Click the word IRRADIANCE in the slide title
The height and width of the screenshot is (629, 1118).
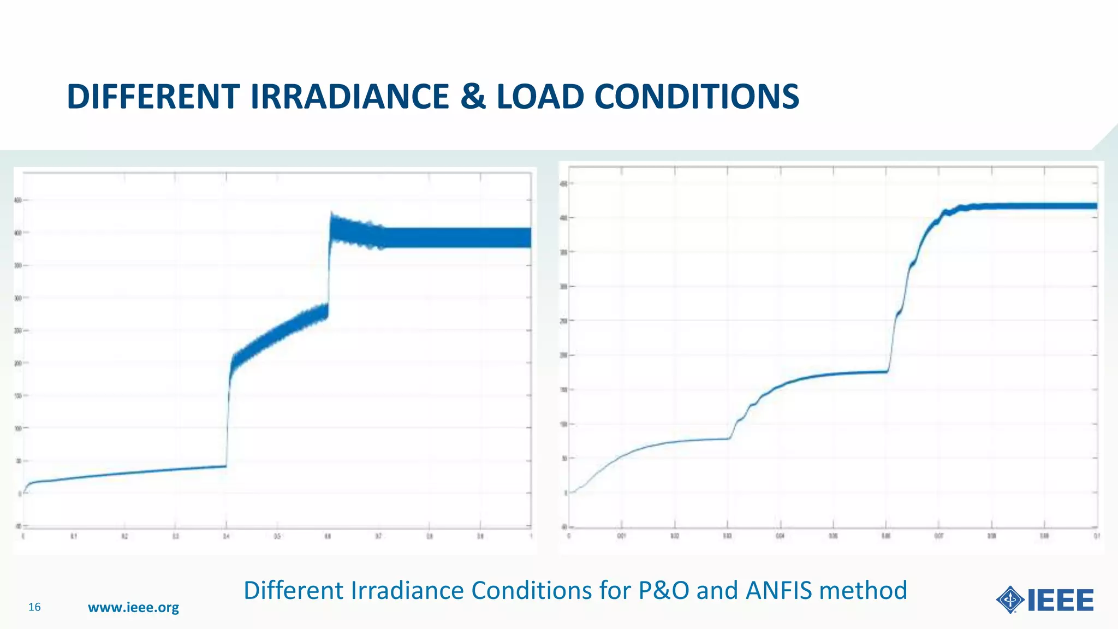coord(349,97)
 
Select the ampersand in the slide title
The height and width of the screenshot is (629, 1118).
coord(473,97)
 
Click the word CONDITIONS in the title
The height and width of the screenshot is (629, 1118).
coord(696,97)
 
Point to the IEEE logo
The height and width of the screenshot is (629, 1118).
coord(1045,601)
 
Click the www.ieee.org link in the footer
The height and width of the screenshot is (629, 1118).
coord(133,607)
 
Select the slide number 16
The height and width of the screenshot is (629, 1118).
coord(34,607)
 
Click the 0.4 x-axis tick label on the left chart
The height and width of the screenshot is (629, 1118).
coord(226,537)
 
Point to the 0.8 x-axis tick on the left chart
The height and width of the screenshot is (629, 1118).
coord(430,537)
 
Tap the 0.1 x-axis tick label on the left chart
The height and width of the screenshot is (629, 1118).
coord(74,537)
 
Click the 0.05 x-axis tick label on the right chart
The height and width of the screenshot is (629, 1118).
coord(833,536)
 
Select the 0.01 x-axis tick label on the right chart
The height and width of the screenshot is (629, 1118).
coord(621,536)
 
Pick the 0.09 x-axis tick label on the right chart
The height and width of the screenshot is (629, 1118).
coord(1044,536)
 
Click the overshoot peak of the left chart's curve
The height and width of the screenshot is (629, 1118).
coord(331,213)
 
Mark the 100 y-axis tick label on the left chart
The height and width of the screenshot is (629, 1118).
coord(18,429)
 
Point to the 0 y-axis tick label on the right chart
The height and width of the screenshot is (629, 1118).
coord(566,493)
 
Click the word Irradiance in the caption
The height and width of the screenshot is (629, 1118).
coord(407,591)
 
